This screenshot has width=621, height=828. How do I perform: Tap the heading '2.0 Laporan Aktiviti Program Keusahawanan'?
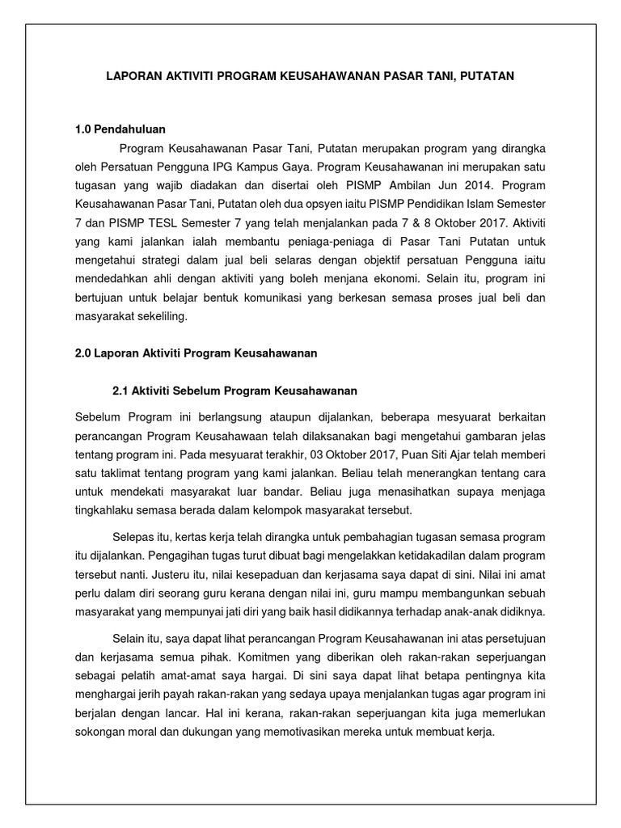tap(194, 353)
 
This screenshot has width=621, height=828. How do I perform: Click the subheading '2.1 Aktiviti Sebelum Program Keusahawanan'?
tap(234, 391)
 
